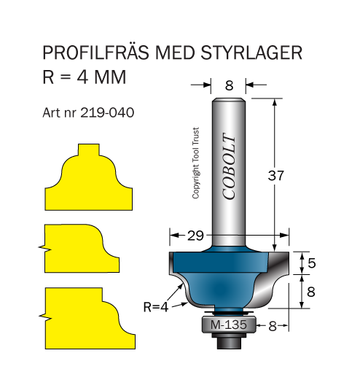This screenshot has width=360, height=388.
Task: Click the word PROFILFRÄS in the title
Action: pyautogui.click(x=96, y=53)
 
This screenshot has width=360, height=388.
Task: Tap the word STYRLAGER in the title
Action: pyautogui.click(x=251, y=53)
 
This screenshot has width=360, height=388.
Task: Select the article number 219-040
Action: pyautogui.click(x=107, y=112)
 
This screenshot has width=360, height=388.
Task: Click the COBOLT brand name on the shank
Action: pyautogui.click(x=229, y=166)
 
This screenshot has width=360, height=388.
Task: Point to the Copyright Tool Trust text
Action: pyautogui.click(x=195, y=163)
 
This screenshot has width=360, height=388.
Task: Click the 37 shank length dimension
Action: pyautogui.click(x=276, y=176)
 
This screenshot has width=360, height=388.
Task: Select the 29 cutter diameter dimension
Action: pyautogui.click(x=195, y=236)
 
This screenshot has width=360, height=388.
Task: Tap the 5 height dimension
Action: pyautogui.click(x=312, y=263)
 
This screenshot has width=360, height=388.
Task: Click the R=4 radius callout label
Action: pyautogui.click(x=156, y=307)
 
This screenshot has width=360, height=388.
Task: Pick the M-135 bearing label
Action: pyautogui.click(x=229, y=325)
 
